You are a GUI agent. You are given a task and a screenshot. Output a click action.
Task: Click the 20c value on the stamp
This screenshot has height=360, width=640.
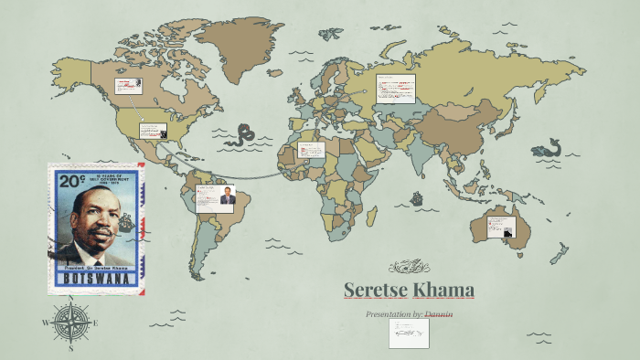(x=67, y=181)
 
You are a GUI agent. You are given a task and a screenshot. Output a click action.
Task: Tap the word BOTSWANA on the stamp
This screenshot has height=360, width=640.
(x=95, y=278)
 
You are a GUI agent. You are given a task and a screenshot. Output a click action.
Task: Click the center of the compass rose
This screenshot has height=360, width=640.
(x=69, y=323)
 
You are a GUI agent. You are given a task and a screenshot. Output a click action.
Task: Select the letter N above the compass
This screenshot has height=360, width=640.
(x=70, y=299)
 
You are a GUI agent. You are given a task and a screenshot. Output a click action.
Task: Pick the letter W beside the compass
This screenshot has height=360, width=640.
(x=45, y=323)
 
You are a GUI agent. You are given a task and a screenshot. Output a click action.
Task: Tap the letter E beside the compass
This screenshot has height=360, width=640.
(x=95, y=323)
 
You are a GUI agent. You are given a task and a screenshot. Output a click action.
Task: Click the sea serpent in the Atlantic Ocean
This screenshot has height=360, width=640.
(x=242, y=136)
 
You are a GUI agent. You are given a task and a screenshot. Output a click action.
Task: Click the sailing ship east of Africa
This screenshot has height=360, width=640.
(x=417, y=197)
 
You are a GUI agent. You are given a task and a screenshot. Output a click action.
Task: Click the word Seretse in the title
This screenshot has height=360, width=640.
(x=374, y=291)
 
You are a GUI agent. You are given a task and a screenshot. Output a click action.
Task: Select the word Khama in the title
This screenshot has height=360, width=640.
(x=443, y=291)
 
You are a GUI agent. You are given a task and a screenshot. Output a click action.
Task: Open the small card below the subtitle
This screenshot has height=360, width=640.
(x=408, y=334)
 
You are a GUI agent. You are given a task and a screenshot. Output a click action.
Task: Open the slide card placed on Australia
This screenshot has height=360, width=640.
(x=501, y=227)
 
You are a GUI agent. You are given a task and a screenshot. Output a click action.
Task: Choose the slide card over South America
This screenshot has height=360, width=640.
(x=215, y=198)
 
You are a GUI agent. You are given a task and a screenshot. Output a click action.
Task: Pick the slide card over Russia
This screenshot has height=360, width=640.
(x=396, y=90)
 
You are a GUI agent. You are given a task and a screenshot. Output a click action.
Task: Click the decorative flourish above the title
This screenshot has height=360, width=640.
(x=409, y=267)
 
